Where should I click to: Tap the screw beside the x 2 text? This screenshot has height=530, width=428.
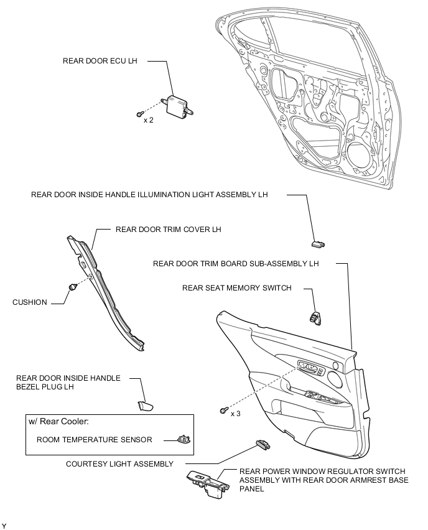coord(141,113)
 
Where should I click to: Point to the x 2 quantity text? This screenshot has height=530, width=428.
coord(149,119)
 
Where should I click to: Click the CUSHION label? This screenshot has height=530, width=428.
coord(30,302)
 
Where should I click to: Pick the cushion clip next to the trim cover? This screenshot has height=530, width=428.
coord(72,286)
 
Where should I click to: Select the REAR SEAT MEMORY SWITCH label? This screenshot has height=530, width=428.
coord(236,288)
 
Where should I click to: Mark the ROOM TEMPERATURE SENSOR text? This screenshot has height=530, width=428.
coord(94,440)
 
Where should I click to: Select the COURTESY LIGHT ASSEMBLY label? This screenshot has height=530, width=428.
coord(119,463)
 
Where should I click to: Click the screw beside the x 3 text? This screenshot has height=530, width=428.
coord(222,410)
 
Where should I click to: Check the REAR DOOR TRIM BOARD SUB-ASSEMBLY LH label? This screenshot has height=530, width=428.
coord(236,264)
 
